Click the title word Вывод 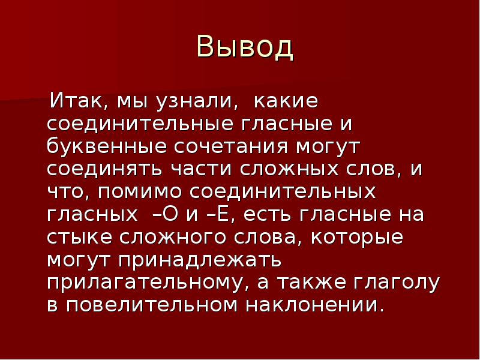coord(245,48)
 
